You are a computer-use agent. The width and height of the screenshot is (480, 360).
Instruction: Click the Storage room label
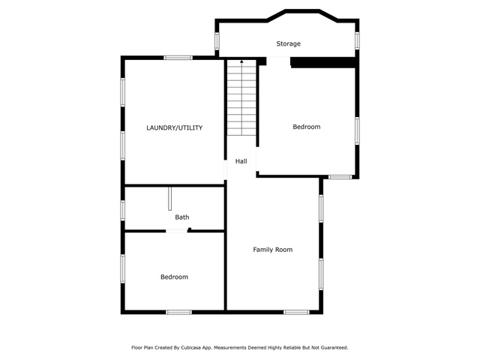pos(289,44)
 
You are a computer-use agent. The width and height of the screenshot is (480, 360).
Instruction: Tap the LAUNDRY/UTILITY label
pos(174,128)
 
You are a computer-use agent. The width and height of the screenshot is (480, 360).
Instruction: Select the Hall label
pos(241,161)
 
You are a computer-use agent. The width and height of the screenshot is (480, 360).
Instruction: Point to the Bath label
pos(182,217)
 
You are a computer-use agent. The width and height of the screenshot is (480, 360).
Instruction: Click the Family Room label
pos(272,250)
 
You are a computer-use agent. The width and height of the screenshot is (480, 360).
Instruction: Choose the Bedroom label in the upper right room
pos(306,127)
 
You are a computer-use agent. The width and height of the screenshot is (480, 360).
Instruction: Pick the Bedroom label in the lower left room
pos(174,277)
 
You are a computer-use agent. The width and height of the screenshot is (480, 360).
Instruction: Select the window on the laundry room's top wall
pos(178,58)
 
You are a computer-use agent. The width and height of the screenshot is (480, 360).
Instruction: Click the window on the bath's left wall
pos(123,209)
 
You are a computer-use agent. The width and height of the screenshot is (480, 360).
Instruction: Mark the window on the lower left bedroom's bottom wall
pos(178,311)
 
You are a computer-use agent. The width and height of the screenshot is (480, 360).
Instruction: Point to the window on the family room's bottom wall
pos(295,311)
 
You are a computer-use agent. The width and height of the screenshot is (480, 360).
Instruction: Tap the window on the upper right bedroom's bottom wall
pos(340,177)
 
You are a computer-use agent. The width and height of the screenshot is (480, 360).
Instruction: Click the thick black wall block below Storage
pos(322,63)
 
